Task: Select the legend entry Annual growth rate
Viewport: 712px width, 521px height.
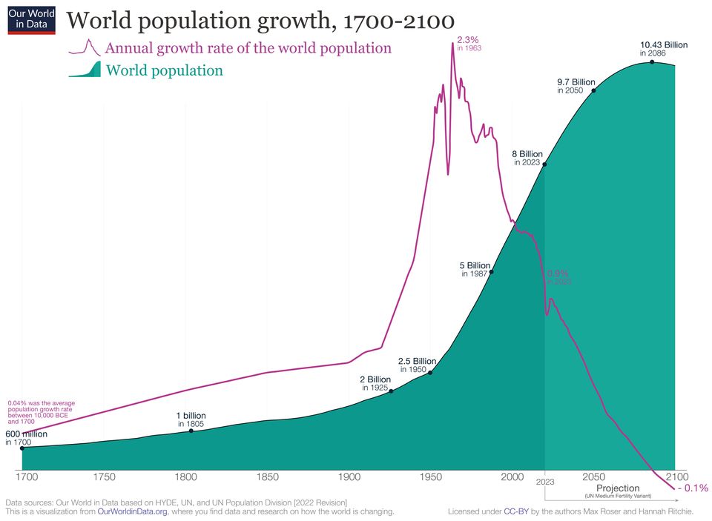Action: click(248, 48)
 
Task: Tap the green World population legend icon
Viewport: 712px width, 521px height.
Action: click(84, 70)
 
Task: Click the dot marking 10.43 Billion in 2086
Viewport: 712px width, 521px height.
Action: click(652, 62)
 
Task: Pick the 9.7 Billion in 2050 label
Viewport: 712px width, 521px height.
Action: click(576, 85)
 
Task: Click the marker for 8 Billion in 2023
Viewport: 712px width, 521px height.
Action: click(545, 165)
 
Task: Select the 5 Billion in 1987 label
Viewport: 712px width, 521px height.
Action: click(475, 269)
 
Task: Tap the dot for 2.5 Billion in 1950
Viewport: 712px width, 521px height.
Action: click(430, 372)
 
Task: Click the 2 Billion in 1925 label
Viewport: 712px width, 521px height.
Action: click(375, 383)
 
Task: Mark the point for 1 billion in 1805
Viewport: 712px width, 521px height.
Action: click(191, 431)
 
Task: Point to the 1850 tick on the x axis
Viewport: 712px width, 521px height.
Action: click(268, 477)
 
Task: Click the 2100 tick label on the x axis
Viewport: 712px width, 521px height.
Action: click(677, 477)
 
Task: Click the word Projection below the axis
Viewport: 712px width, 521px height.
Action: click(618, 488)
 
